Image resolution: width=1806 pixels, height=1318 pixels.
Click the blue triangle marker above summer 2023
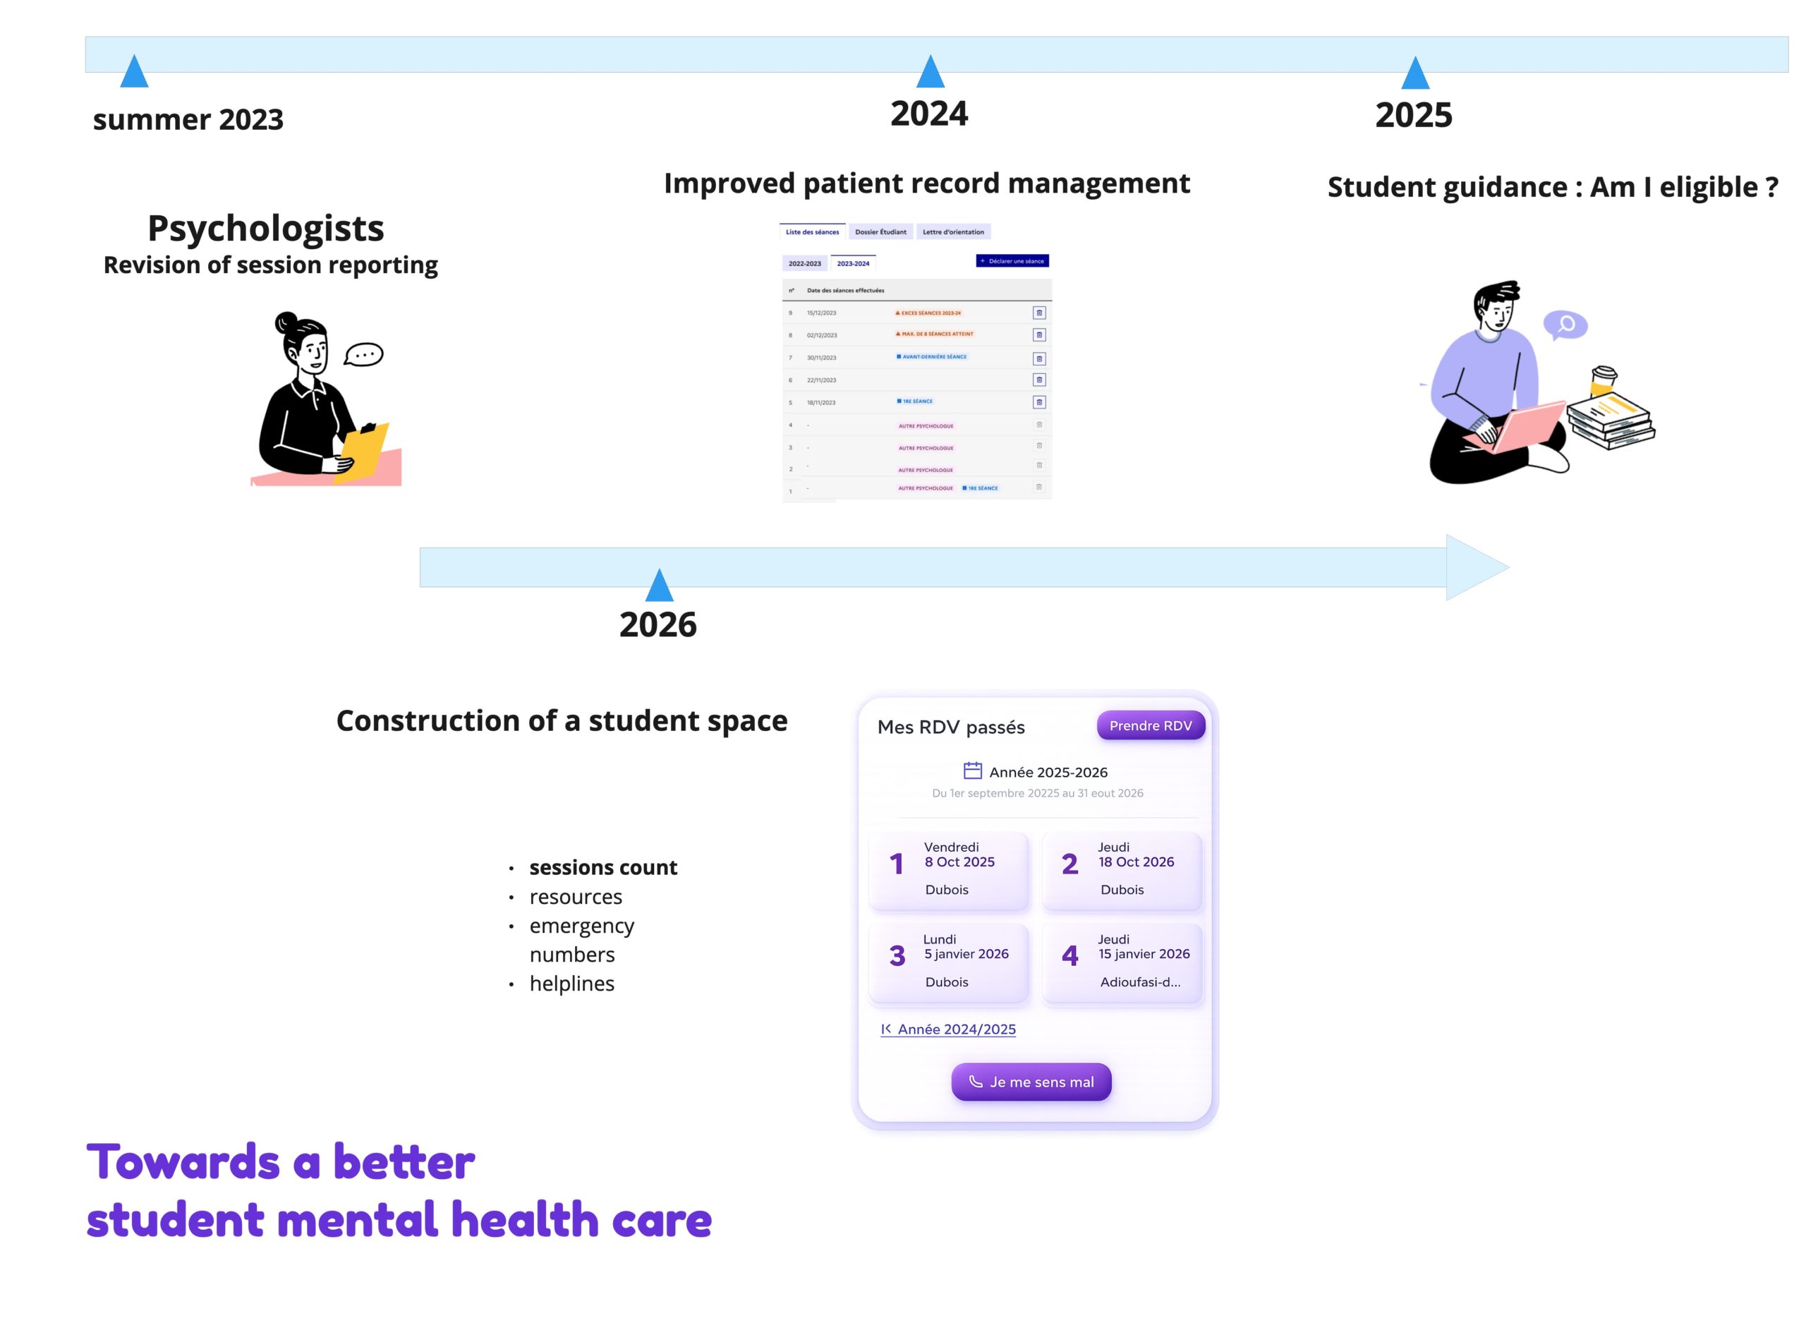tap(134, 72)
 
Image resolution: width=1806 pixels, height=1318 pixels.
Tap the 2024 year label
tap(928, 114)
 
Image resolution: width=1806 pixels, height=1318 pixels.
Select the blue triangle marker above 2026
tap(659, 586)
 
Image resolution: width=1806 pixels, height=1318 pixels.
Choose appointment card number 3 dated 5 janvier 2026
tap(948, 962)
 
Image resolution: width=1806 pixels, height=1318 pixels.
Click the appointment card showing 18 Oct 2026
tap(1122, 870)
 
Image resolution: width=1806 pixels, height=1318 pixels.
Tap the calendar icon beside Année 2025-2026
tap(972, 770)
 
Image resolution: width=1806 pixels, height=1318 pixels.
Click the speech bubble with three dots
tap(365, 354)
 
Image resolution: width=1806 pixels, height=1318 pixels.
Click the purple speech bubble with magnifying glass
tap(1565, 325)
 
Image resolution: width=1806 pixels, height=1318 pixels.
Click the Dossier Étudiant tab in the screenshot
tap(880, 232)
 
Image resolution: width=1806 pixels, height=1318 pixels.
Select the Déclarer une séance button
tap(1012, 261)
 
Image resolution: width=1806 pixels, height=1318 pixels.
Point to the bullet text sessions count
tap(603, 867)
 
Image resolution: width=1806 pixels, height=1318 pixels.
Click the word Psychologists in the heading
tap(266, 229)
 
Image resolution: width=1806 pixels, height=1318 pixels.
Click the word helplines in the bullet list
tap(572, 984)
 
